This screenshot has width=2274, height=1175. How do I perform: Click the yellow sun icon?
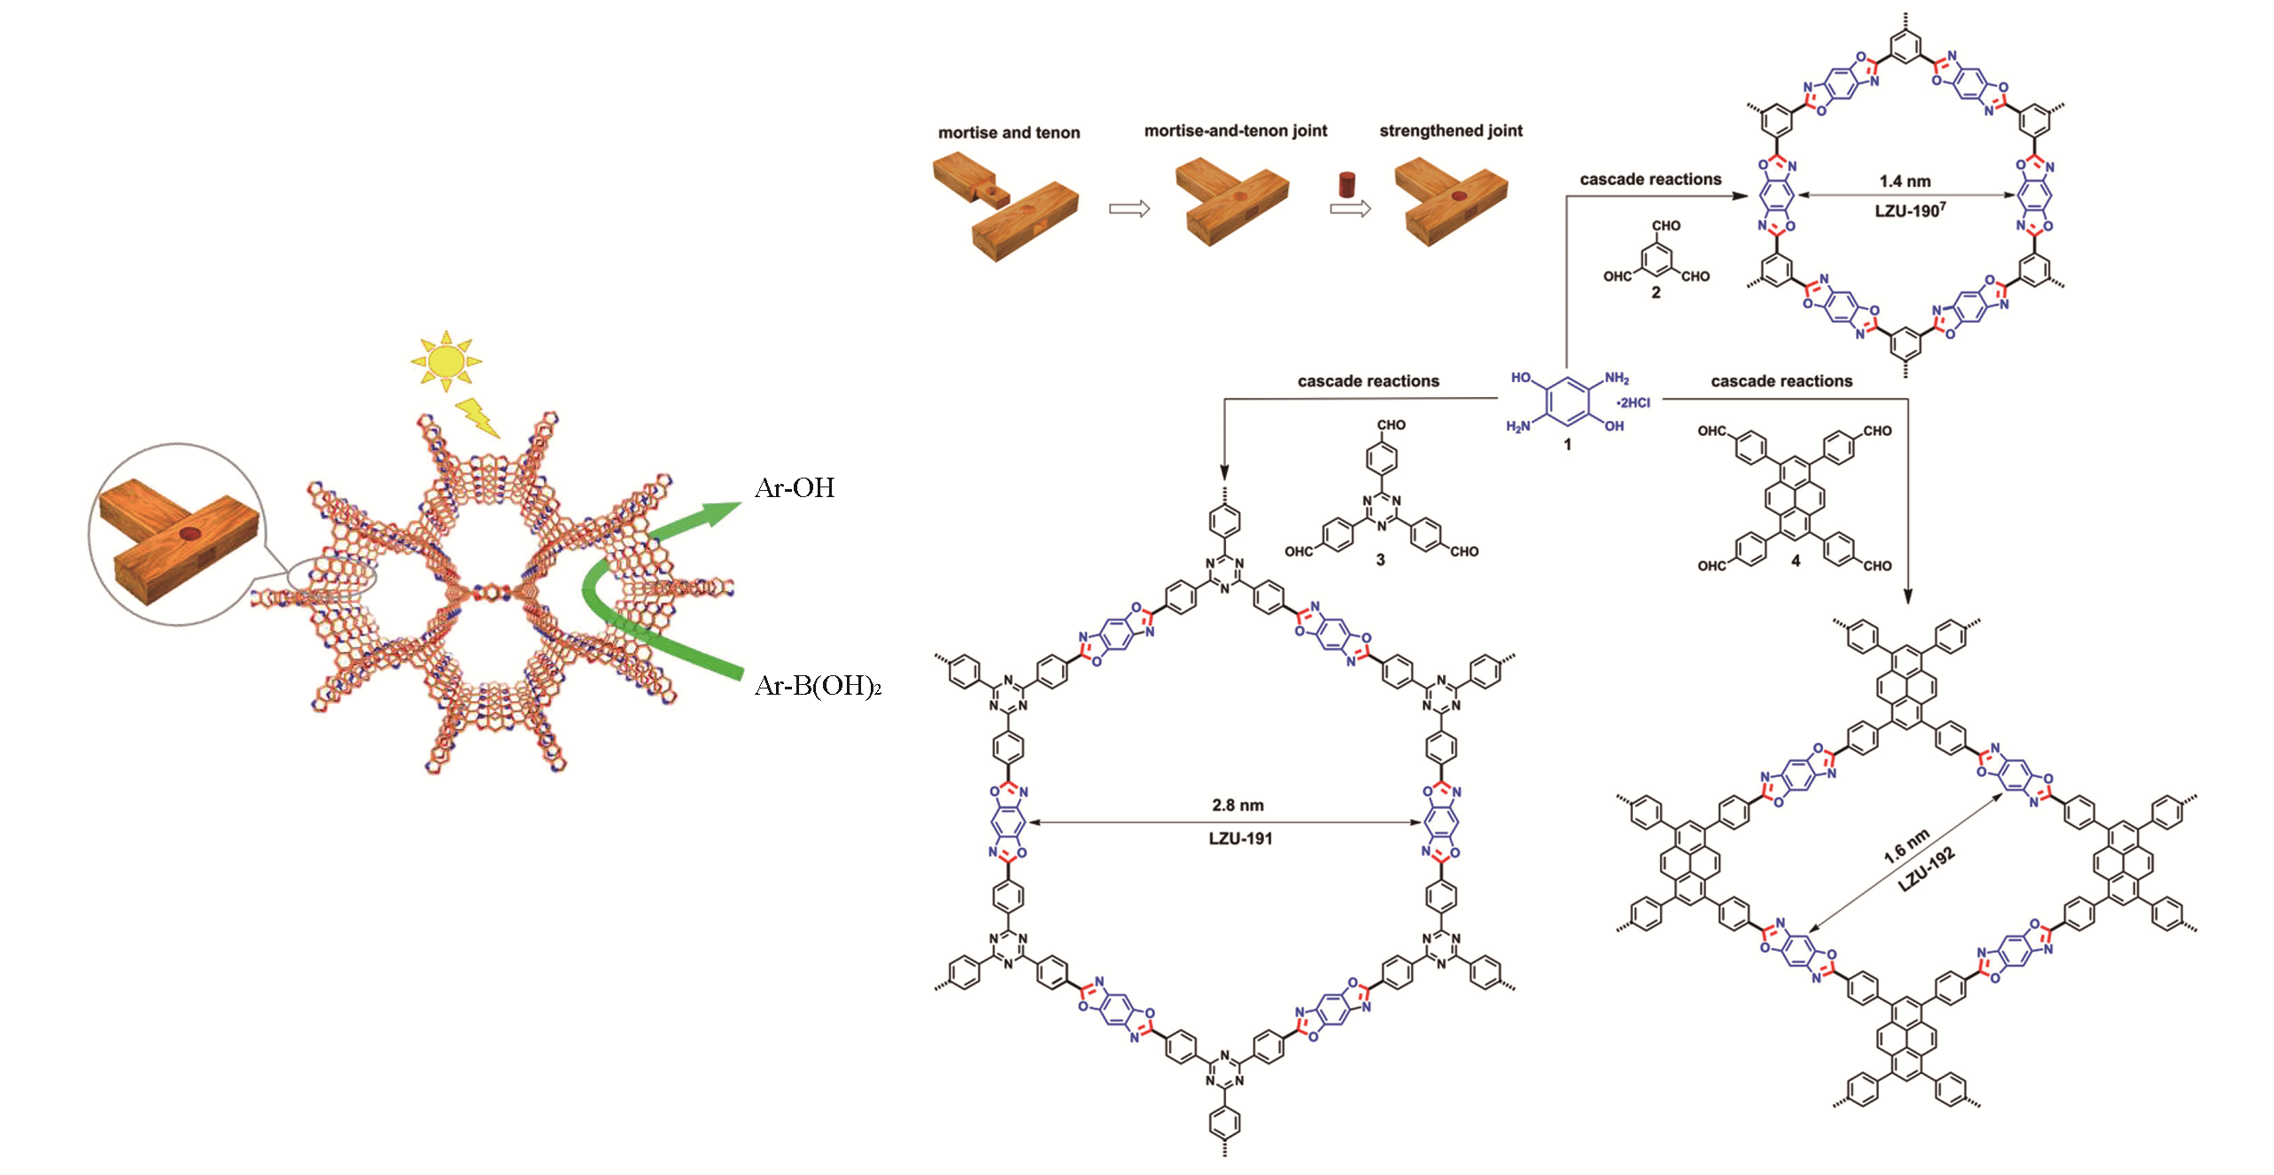coord(446,361)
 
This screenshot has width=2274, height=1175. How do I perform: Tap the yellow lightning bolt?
coord(477,417)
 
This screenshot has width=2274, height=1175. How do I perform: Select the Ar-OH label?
coord(795,488)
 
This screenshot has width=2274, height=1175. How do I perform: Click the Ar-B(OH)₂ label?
coord(817,686)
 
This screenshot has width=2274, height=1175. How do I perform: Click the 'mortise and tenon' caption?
coord(1009,133)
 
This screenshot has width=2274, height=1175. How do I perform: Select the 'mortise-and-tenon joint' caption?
coord(1235,131)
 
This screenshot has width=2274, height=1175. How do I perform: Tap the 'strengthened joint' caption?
coord(1450,131)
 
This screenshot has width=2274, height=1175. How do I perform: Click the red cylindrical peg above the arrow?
coord(1347,184)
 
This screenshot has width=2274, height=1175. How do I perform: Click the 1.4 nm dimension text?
coord(1905,181)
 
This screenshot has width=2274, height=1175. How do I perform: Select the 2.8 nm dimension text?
coord(1238,805)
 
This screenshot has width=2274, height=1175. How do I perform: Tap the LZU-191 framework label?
coord(1240,838)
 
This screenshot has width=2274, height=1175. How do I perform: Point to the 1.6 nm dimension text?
coord(1905,847)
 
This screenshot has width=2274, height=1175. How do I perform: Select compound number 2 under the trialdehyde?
coord(1656,292)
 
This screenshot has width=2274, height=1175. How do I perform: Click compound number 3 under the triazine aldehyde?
coord(1380,560)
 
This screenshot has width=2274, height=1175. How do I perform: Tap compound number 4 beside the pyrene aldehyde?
coord(1796,561)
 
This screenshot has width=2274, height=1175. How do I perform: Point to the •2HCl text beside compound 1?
coord(1633,403)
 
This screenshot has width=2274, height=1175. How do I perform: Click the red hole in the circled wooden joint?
coord(190,533)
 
